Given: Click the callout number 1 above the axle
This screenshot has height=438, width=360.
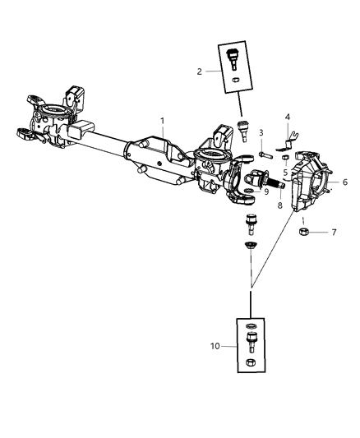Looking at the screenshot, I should tap(163, 121).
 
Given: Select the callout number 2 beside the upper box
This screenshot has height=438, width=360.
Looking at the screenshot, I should tap(200, 71).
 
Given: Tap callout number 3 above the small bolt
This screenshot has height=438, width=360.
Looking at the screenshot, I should tap(261, 132).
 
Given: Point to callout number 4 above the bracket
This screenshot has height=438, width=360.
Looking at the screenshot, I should tap(288, 117).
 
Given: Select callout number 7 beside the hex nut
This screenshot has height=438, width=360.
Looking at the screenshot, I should tap(334, 233).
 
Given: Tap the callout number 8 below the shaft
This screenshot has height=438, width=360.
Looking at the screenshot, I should tap(279, 206).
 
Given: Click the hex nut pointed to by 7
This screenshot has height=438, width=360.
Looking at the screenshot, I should tap(302, 233).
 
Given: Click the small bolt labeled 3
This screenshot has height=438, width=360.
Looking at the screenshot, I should tap(264, 154).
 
